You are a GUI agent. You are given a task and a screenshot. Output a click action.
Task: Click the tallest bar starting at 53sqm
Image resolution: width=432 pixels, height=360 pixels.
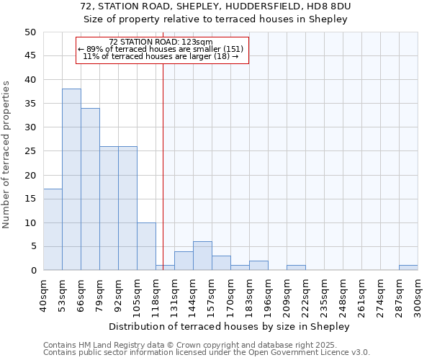[71, 179]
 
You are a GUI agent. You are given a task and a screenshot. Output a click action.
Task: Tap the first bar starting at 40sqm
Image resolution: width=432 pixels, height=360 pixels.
[53, 230]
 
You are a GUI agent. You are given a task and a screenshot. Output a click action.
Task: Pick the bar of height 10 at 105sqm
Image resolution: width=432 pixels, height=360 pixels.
[146, 246]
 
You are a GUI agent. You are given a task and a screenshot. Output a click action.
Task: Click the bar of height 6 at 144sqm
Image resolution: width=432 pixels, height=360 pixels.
[202, 256]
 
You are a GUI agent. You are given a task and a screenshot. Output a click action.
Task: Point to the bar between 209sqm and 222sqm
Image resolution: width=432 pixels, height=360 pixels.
[296, 268]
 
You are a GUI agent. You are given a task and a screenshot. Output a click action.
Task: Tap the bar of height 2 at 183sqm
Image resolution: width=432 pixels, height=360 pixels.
[258, 266]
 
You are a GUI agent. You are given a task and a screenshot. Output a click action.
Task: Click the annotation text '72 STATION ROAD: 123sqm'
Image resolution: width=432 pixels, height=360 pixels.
[161, 42]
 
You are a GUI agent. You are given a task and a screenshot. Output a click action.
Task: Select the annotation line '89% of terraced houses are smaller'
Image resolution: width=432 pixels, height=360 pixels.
[161, 49]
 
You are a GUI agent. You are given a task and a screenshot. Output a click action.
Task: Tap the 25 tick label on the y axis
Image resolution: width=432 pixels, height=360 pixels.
[30, 151]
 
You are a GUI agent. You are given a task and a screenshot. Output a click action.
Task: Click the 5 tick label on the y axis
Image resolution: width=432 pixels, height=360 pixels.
[32, 246]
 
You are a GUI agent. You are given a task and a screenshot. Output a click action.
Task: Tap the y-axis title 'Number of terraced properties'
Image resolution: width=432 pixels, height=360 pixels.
[6, 155]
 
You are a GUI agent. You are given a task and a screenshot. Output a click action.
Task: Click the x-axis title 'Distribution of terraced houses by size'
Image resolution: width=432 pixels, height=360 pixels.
[230, 326]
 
